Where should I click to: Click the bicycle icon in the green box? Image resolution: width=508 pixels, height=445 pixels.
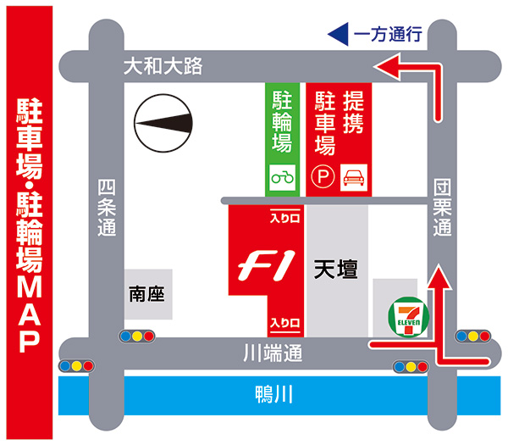tap(282, 178)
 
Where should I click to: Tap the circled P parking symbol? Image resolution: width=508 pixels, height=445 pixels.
tap(323, 177)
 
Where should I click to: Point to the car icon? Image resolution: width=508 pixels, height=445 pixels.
tap(352, 177)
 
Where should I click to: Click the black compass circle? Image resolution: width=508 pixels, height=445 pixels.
tap(163, 124)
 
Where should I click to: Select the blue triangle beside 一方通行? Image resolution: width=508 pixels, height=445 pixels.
tap(338, 35)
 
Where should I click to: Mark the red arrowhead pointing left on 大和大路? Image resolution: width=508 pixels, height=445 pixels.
tap(385, 66)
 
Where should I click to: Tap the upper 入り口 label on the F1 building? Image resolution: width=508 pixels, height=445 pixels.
tap(285, 218)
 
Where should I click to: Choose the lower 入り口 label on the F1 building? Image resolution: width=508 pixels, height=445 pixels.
tap(285, 323)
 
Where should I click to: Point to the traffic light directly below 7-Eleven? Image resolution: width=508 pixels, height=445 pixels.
tap(411, 367)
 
